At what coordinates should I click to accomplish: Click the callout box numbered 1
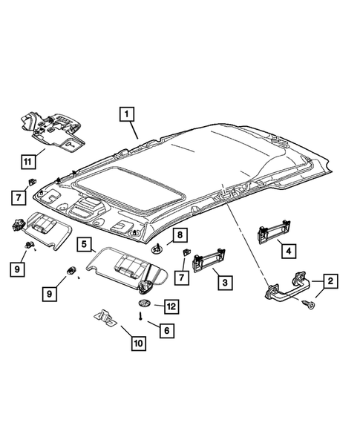tap(127, 114)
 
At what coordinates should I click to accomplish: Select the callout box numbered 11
tap(28, 162)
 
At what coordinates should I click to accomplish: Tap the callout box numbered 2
tap(330, 281)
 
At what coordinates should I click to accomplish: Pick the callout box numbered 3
tap(225, 283)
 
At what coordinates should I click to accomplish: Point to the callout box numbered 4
tap(289, 251)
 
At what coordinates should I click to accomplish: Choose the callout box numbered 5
tap(84, 244)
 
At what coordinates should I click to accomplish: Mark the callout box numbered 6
tap(167, 331)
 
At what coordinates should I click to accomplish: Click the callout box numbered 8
tap(180, 235)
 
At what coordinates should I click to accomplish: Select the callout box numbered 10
tap(139, 344)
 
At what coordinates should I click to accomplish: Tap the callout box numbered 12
tap(171, 306)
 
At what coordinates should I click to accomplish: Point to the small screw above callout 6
tap(141, 316)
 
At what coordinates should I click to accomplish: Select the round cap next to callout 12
tap(144, 303)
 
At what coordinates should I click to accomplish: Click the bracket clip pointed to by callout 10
tap(105, 318)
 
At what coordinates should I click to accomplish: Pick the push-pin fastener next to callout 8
tap(157, 249)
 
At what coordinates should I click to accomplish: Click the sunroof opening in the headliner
tap(130, 188)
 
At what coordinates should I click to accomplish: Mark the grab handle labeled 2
tap(287, 286)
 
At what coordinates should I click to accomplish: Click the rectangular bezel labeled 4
tap(274, 232)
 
